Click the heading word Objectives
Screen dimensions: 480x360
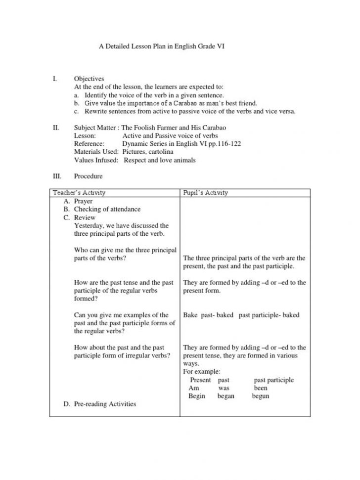(x=89, y=79)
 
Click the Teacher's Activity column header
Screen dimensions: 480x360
(x=79, y=193)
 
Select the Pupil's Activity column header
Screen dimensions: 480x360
(x=206, y=193)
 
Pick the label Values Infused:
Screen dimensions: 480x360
(x=96, y=160)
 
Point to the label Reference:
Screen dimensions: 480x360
(x=89, y=144)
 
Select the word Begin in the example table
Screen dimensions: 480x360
(x=197, y=396)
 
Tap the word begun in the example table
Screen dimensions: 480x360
(x=261, y=396)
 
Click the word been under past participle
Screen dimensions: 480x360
(x=261, y=389)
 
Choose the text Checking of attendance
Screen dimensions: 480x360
(x=107, y=209)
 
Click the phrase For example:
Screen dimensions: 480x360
(x=202, y=372)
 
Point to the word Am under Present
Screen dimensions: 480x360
(x=193, y=389)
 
